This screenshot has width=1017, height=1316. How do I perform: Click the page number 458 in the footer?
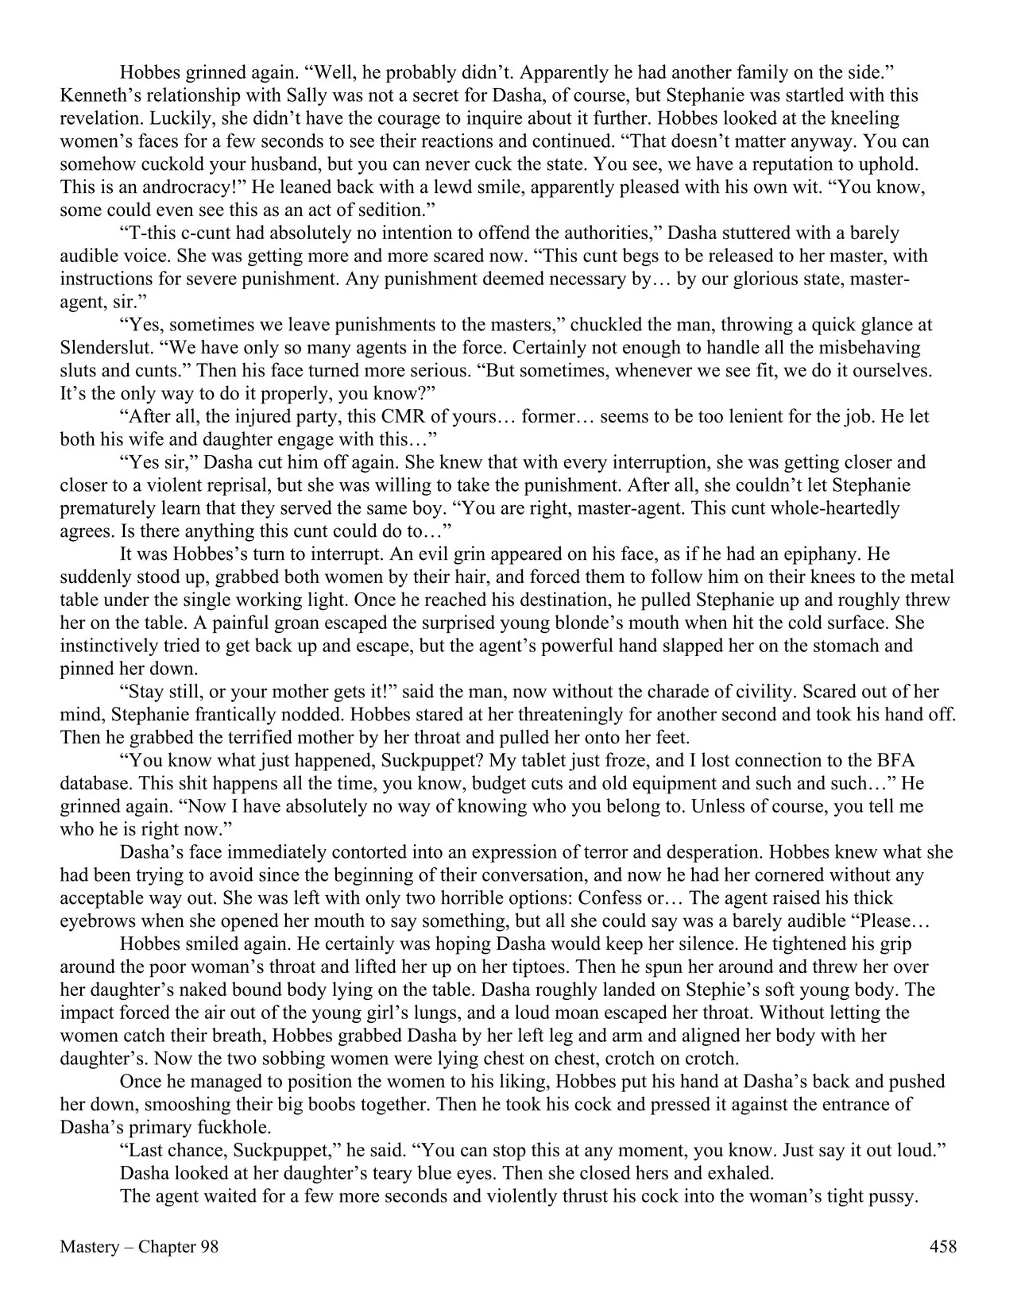942,1247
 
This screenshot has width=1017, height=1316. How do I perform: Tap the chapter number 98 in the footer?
208,1247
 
